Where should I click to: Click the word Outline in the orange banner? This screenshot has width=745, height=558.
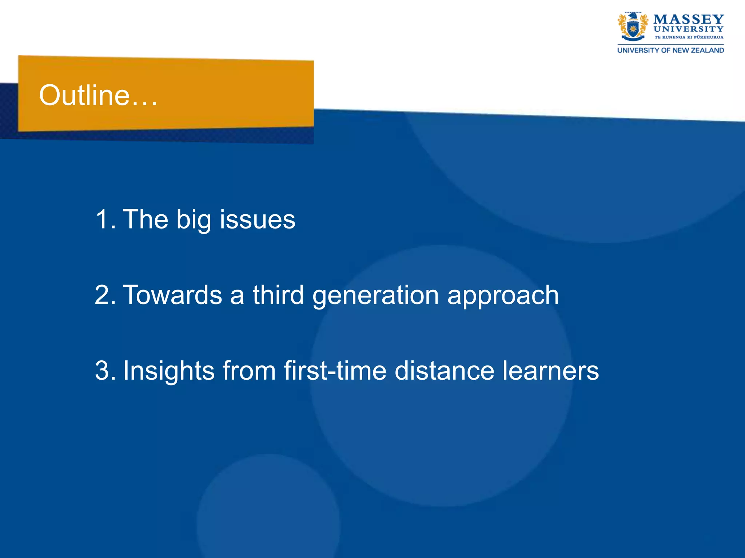pyautogui.click(x=84, y=95)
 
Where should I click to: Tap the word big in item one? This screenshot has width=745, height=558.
pyautogui.click(x=194, y=220)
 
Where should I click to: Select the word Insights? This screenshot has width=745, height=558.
pyautogui.click(x=168, y=371)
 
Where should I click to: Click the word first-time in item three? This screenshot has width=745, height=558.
pyautogui.click(x=335, y=371)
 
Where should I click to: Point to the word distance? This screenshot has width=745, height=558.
pyautogui.click(x=444, y=371)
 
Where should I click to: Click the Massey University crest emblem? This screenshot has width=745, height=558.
pyautogui.click(x=633, y=27)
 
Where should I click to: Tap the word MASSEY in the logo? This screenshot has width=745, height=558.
pyautogui.click(x=689, y=19)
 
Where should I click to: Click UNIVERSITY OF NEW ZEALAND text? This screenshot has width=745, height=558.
pyautogui.click(x=670, y=50)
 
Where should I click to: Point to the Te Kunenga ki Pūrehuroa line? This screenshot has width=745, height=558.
pyautogui.click(x=689, y=37)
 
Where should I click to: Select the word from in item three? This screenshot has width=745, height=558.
pyautogui.click(x=249, y=371)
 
